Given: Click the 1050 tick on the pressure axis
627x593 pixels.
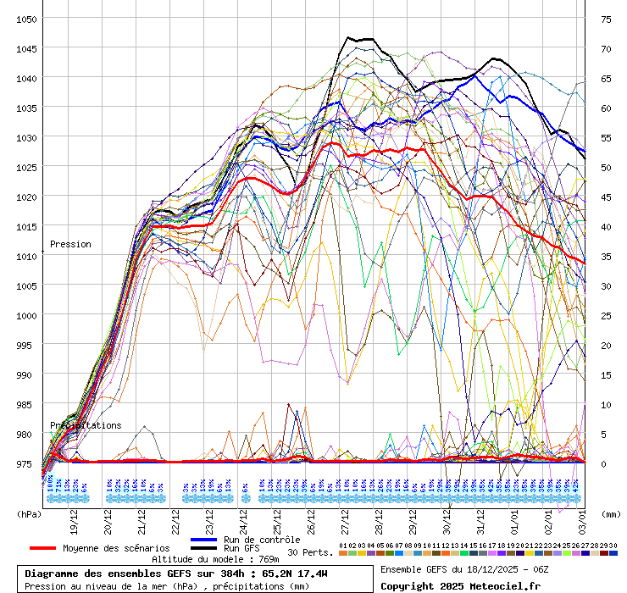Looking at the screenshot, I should (26, 19).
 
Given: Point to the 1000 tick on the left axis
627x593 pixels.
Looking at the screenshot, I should (26, 315).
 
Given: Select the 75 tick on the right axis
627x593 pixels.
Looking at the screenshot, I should (606, 19).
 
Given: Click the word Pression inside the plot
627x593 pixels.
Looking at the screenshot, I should (70, 244).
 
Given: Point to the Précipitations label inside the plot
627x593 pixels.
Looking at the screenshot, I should (86, 425).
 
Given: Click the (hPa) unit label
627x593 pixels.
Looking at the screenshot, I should (29, 513).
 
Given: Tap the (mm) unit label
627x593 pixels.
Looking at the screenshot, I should (611, 513).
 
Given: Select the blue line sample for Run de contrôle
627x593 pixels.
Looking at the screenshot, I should (204, 540).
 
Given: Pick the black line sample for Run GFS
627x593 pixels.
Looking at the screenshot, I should (204, 548).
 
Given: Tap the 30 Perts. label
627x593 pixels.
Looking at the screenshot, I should (310, 552).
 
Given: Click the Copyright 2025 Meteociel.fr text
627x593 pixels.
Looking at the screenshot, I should (460, 585).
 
